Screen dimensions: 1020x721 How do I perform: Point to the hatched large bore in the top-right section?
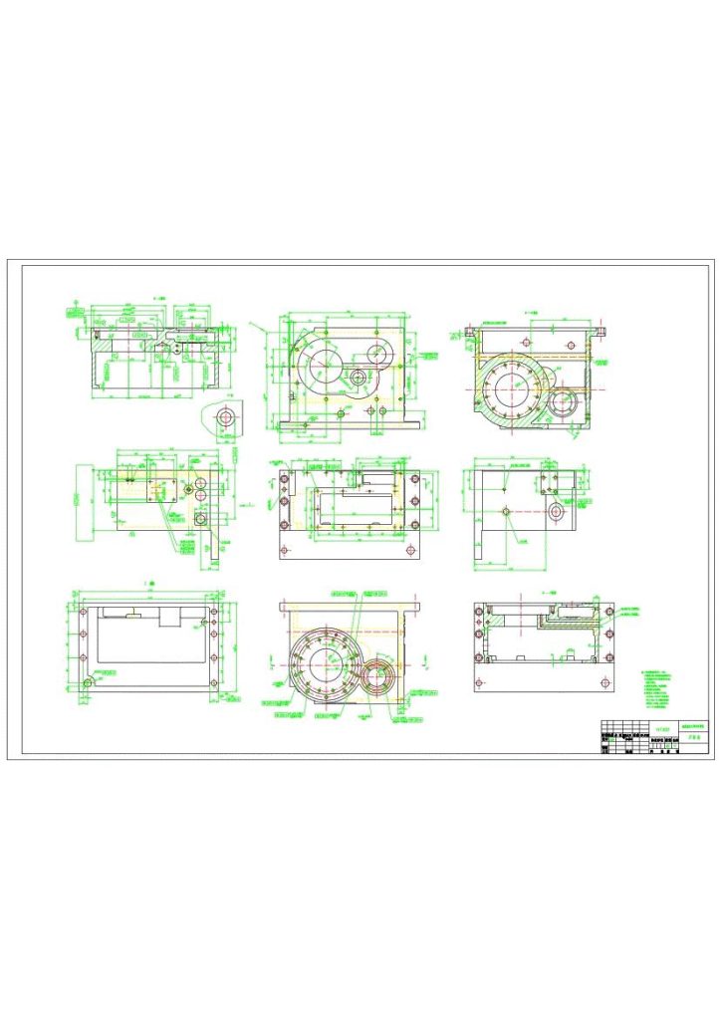511,389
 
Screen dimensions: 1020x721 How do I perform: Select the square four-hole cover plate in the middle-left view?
160,489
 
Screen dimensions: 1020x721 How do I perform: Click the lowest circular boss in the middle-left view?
202,517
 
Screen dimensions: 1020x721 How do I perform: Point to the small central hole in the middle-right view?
507,511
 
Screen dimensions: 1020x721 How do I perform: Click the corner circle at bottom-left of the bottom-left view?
91,682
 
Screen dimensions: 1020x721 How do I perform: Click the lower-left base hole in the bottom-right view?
480,683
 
